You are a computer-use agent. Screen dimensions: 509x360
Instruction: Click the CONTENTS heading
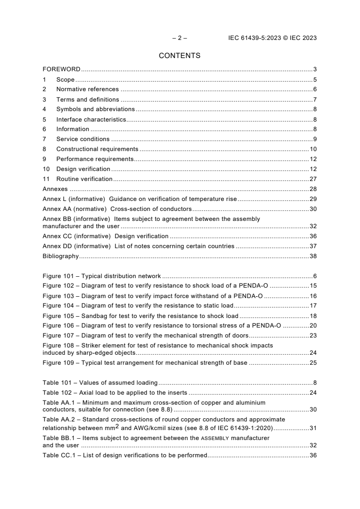tap(180, 56)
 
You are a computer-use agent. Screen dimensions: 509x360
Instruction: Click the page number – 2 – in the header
tap(180, 38)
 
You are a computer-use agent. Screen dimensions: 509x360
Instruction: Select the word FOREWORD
tap(61, 69)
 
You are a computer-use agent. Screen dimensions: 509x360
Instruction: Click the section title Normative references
tap(87, 89)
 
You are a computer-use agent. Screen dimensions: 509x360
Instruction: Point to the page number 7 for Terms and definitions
tap(315, 99)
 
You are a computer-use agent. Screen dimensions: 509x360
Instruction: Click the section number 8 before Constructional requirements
tap(44, 149)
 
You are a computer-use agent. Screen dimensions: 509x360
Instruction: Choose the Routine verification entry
tap(84, 179)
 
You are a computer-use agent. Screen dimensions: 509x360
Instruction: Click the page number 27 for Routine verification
tap(313, 179)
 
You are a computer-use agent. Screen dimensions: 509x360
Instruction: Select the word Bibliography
tap(60, 256)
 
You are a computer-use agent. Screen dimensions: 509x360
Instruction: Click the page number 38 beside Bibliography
tap(313, 256)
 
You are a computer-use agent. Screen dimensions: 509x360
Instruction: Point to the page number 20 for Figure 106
tap(313, 326)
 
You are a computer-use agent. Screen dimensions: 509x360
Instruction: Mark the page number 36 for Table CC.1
tap(313, 455)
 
